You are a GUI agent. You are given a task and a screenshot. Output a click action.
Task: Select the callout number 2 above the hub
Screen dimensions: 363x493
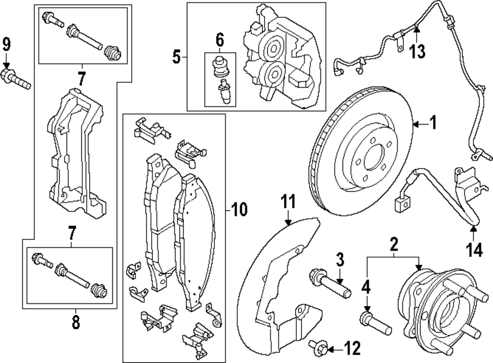pos(393,244)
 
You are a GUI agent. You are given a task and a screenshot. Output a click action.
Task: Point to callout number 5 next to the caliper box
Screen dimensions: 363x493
pos(176,58)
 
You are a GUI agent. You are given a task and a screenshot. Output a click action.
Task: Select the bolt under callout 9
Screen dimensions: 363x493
pos(16,80)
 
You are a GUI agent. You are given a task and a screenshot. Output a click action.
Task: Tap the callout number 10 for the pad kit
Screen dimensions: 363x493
pos(239,210)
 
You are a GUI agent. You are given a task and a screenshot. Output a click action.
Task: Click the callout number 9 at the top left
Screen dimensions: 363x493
pos(6,45)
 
